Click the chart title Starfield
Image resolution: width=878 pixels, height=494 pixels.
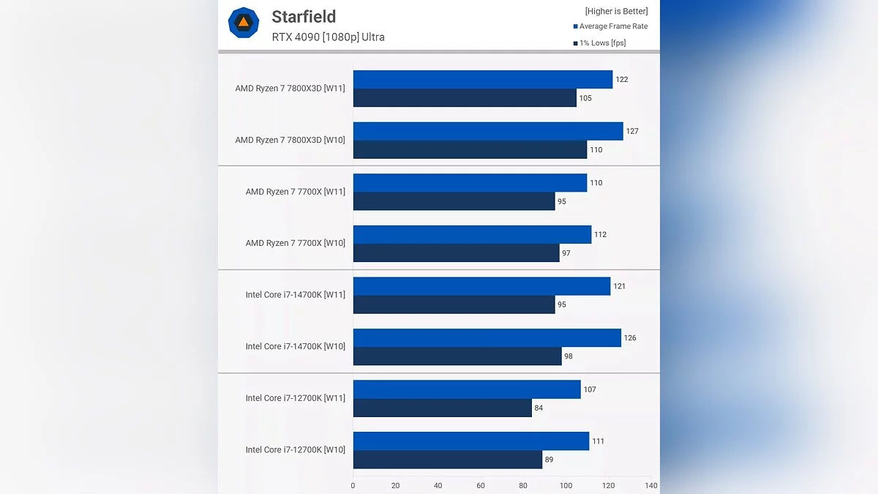coord(304,17)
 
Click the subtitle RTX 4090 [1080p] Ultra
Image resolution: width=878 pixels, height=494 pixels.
coord(328,37)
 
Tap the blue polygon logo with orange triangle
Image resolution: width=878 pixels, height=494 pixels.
coord(244,23)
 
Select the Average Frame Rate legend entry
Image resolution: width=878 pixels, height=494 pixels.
coord(610,26)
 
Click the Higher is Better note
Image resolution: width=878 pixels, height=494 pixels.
coord(616,11)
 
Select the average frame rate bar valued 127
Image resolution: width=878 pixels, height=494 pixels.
coord(488,131)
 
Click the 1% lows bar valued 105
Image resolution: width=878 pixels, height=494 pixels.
coord(465,98)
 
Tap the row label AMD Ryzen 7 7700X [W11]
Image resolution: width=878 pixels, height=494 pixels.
coord(296,192)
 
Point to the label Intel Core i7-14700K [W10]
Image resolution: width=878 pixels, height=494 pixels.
coord(296,347)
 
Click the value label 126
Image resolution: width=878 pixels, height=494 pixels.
coord(630,338)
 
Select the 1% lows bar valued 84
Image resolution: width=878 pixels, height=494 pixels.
coord(442,408)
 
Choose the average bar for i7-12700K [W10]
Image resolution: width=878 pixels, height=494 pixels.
coord(471,441)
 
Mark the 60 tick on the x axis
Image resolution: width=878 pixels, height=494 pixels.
coord(481,485)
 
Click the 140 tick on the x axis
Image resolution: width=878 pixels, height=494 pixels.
coord(650,485)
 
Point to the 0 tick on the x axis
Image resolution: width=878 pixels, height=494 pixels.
coord(353,485)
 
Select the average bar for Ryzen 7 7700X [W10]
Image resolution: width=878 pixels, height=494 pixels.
coord(472,234)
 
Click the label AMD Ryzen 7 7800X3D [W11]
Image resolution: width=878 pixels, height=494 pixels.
coord(290,89)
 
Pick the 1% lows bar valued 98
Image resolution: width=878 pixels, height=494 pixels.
coord(457,356)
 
